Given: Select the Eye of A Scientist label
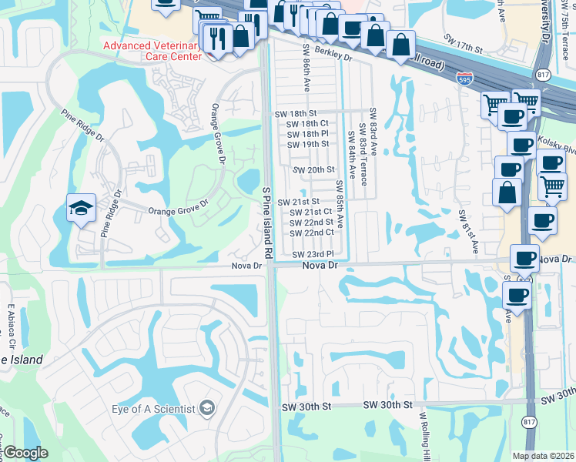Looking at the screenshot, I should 152,407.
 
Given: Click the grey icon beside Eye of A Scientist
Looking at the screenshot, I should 206,407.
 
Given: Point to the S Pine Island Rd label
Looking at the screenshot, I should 268,221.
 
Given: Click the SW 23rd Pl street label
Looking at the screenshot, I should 313,254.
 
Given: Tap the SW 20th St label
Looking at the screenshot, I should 314,169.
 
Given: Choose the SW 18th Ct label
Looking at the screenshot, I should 307,123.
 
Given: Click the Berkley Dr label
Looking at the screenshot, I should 333,57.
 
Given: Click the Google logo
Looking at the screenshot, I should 25,454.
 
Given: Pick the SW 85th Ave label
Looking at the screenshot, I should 339,199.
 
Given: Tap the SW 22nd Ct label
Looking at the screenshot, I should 311,233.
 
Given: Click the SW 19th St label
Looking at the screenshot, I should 308,144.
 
